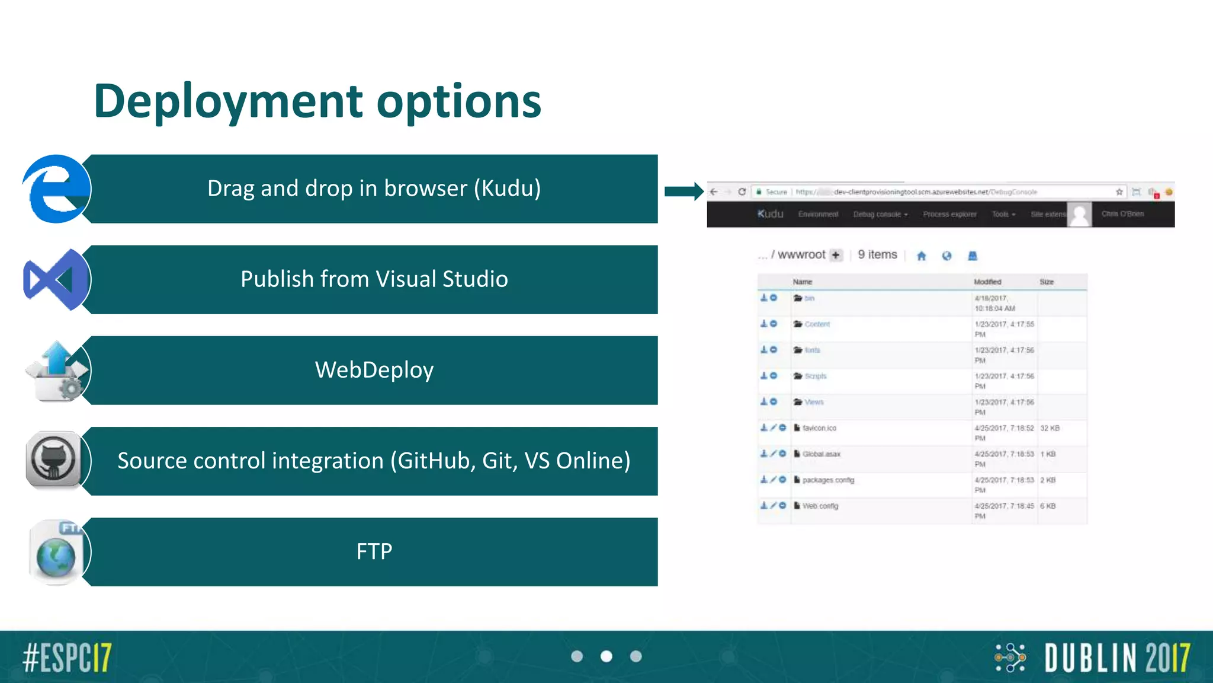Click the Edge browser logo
point(57,189)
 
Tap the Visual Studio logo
point(56,280)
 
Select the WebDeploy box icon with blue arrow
point(57,371)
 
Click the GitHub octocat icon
point(54,460)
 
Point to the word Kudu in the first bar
point(506,189)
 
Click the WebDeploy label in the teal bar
point(374,370)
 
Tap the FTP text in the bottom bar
point(374,551)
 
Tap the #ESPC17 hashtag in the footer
point(67,658)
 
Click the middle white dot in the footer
point(606,656)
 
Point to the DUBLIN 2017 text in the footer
point(1117,658)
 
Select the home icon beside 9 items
point(921,256)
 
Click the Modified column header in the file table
point(987,282)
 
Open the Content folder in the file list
point(817,324)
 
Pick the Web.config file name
point(820,506)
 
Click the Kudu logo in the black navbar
point(770,214)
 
